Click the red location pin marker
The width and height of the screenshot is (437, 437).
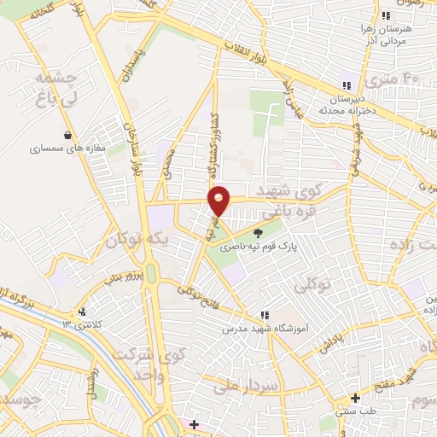coord(219,199)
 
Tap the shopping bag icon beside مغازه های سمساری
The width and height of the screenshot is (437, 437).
coord(68,134)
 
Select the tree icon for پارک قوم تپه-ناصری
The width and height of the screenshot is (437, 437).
coord(259,232)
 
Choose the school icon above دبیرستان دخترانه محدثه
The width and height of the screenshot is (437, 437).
coord(346,85)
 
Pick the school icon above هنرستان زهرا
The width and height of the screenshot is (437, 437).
coord(386,15)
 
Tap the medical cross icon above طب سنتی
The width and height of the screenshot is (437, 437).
coord(355,398)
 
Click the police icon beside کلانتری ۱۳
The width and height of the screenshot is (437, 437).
coord(83,312)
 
